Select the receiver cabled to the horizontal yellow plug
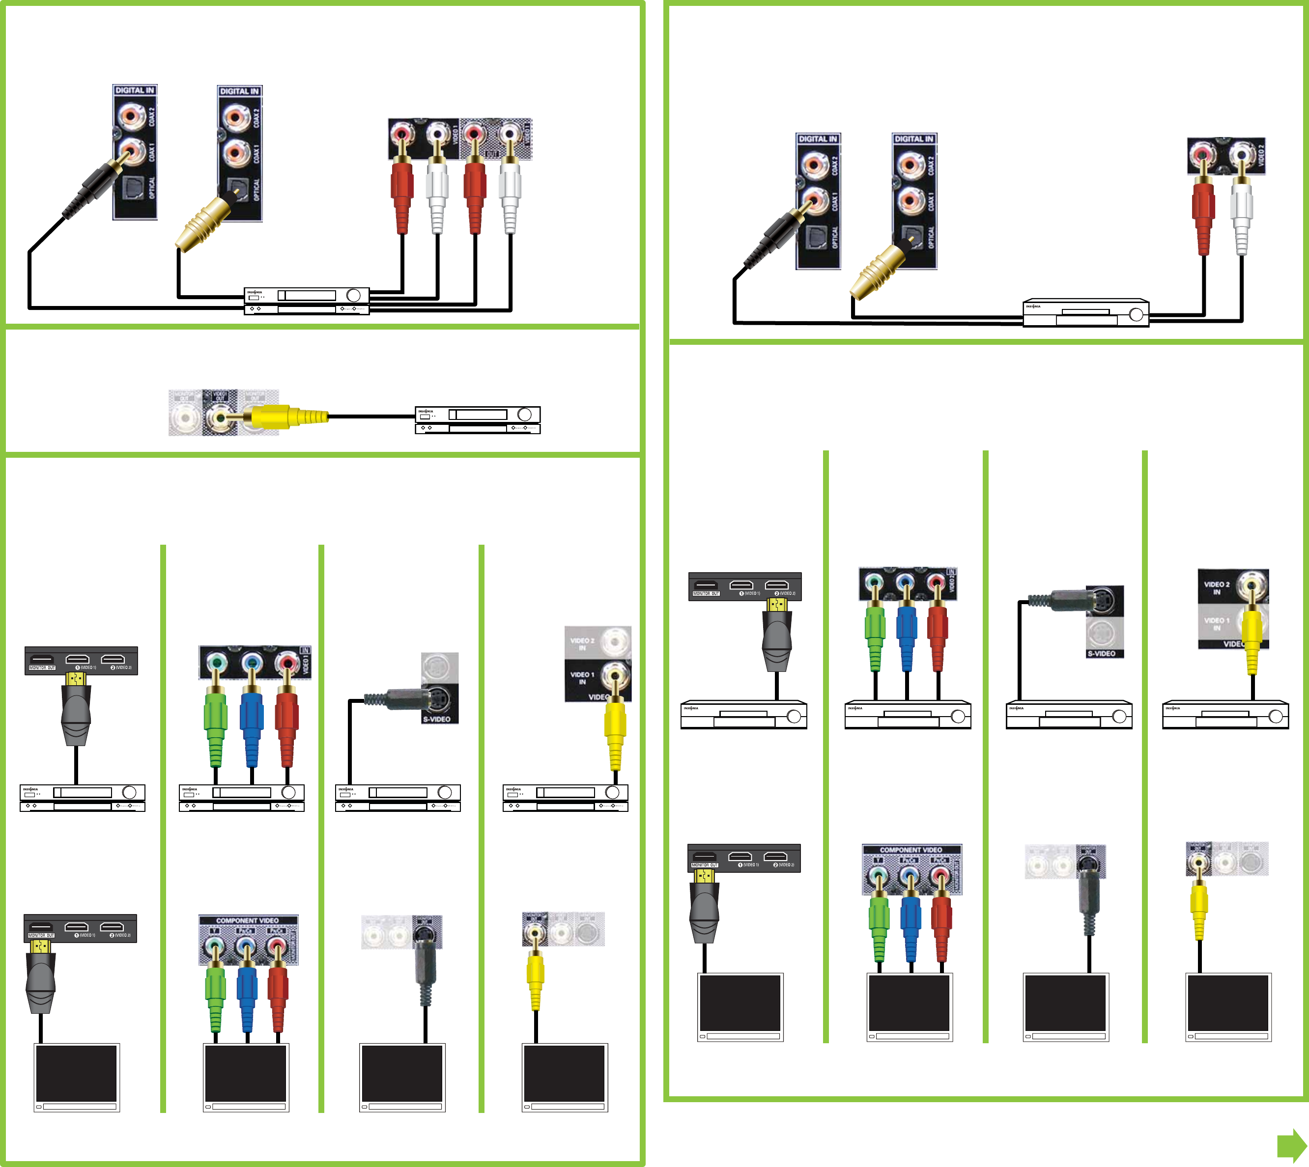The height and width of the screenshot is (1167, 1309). click(x=477, y=420)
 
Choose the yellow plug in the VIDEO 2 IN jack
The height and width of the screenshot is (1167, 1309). click(x=1252, y=638)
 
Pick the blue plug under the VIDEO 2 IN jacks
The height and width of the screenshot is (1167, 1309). click(x=906, y=635)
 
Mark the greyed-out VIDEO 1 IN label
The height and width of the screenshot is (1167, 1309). click(x=1216, y=623)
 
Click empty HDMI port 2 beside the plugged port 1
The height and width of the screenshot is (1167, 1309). click(x=113, y=660)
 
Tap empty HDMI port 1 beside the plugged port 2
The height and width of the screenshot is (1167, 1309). click(x=741, y=585)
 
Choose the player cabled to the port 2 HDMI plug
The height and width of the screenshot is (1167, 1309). click(x=743, y=714)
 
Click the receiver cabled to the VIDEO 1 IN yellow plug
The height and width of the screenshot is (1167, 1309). click(x=565, y=798)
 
